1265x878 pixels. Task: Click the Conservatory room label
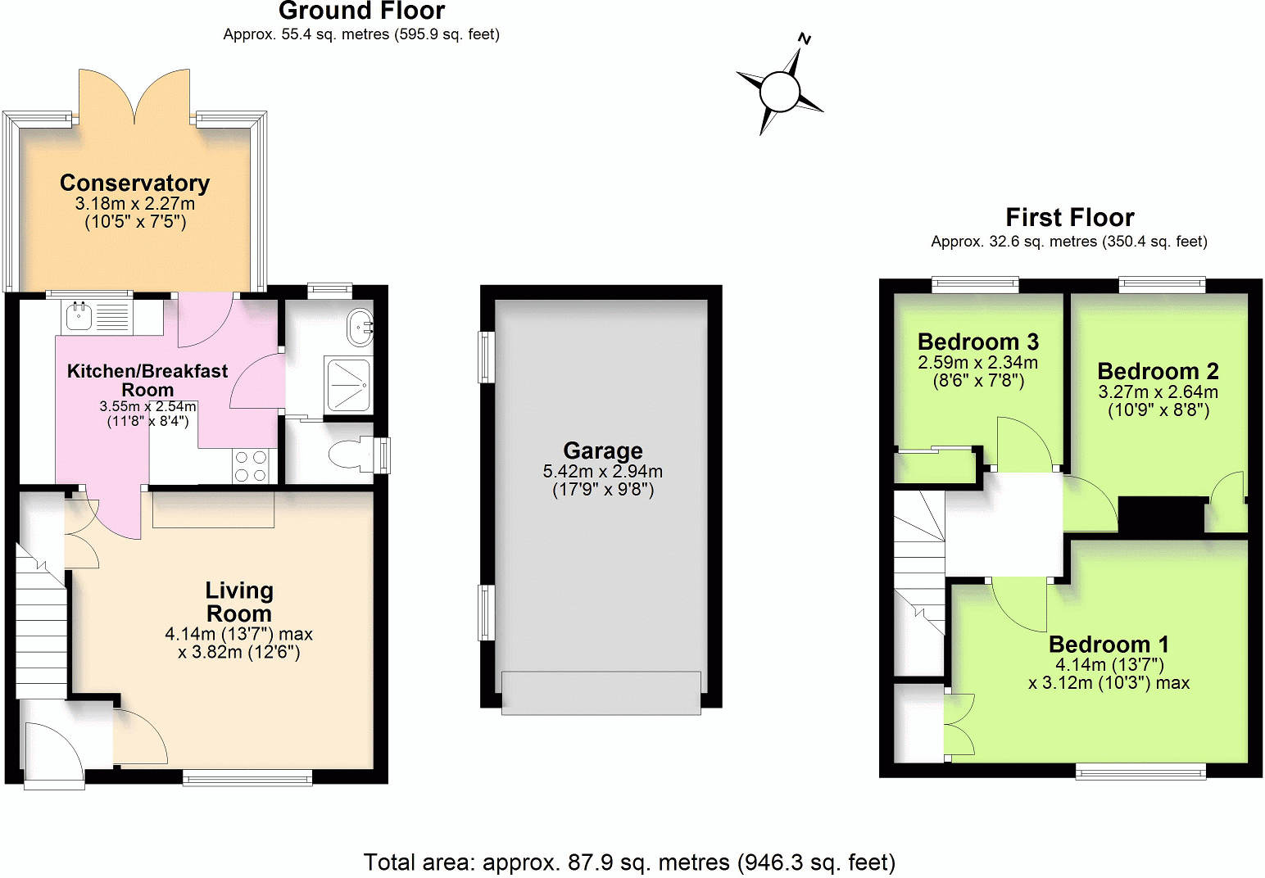click(134, 183)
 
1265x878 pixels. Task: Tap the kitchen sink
click(79, 316)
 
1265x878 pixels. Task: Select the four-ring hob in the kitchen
click(251, 466)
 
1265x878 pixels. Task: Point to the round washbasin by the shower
click(360, 328)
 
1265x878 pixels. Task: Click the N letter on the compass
click(805, 38)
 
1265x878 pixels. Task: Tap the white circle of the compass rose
click(779, 91)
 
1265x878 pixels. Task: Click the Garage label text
click(602, 450)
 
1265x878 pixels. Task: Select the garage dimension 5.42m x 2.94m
click(602, 472)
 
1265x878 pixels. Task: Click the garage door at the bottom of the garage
click(601, 693)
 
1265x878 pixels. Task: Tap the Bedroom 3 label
click(977, 342)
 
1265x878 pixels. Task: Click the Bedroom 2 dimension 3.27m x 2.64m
click(1158, 392)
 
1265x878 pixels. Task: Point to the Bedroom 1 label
click(1109, 644)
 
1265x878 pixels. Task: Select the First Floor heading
click(1069, 217)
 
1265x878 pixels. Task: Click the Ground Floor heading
click(361, 11)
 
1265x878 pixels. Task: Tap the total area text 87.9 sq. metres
click(629, 862)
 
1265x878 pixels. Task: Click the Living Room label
click(238, 602)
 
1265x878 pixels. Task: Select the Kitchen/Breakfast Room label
click(147, 380)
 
